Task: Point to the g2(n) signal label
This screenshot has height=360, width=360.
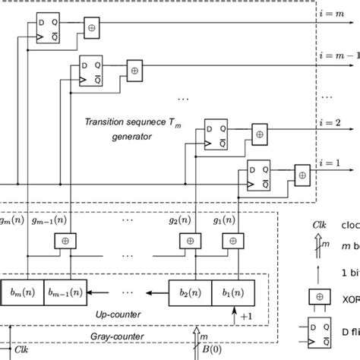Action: coord(187,221)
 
